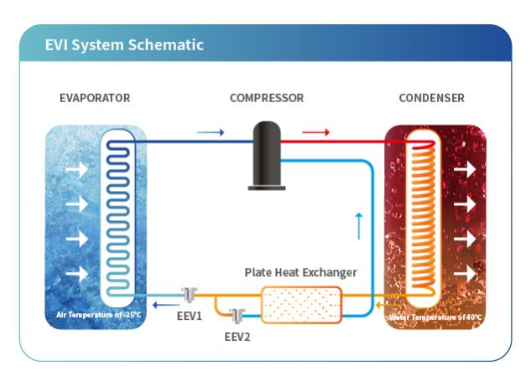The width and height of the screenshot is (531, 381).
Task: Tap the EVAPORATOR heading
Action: coord(95,98)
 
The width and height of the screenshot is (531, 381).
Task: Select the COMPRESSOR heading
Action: coord(266,98)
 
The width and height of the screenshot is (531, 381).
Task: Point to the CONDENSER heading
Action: coord(431,98)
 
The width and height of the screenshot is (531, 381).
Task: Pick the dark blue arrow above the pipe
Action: coord(210,132)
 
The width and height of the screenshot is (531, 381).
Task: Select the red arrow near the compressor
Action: coord(315,132)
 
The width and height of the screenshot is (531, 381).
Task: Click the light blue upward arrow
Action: coord(358,225)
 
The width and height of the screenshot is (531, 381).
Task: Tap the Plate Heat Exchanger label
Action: coord(300,272)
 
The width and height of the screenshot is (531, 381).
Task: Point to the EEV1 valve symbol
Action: coord(189,296)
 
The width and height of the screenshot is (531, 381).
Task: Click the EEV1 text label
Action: coord(189,317)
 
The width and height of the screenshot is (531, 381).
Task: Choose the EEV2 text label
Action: coord(237,337)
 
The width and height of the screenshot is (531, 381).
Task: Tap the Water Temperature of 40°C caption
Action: coord(436,317)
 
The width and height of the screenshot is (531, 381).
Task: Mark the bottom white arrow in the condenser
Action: coord(463,273)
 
